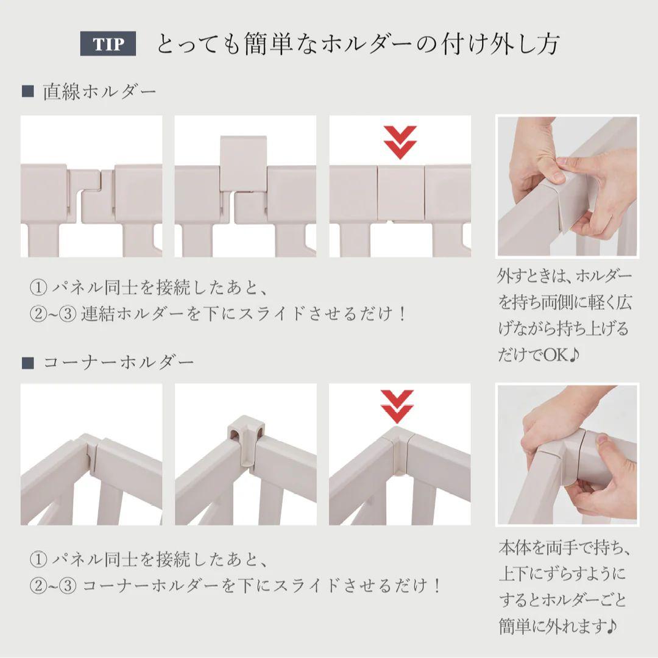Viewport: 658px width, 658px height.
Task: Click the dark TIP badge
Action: pos(108,44)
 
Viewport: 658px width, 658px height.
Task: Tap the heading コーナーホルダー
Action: pos(118,362)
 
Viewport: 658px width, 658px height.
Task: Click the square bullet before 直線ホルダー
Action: pos(27,92)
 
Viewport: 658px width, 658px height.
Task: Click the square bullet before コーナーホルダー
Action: pos(27,363)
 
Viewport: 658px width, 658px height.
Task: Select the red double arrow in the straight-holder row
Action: pos(400,141)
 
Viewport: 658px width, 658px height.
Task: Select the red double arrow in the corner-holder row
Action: pos(397,405)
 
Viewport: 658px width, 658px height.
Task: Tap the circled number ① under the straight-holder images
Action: pos(38,286)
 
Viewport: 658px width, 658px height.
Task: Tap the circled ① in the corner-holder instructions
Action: pos(38,558)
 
